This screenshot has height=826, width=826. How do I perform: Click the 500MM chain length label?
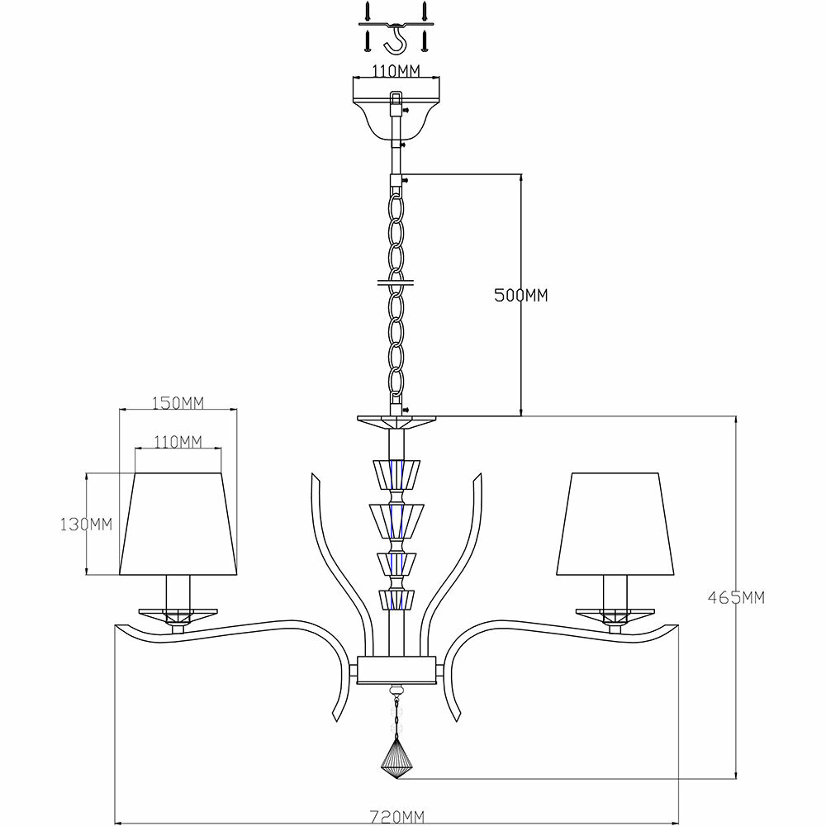click(x=521, y=295)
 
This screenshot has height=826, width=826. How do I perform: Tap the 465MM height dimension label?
click(x=736, y=597)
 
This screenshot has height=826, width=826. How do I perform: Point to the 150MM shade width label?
click(x=178, y=402)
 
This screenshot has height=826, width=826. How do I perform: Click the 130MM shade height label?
click(x=85, y=524)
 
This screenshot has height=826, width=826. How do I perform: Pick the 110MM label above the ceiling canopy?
click(x=395, y=70)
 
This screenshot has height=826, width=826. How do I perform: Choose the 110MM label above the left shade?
click(x=178, y=442)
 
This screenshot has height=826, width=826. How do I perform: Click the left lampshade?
click(x=178, y=524)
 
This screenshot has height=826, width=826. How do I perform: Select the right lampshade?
click(x=615, y=524)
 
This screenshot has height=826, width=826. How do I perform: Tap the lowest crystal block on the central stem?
click(x=395, y=598)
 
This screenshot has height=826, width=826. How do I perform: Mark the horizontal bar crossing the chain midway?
click(x=395, y=280)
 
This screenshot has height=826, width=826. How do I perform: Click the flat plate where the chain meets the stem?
click(x=396, y=422)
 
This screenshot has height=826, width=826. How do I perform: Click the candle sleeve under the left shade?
click(x=178, y=592)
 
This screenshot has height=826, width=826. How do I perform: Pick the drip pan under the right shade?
click(x=615, y=614)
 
